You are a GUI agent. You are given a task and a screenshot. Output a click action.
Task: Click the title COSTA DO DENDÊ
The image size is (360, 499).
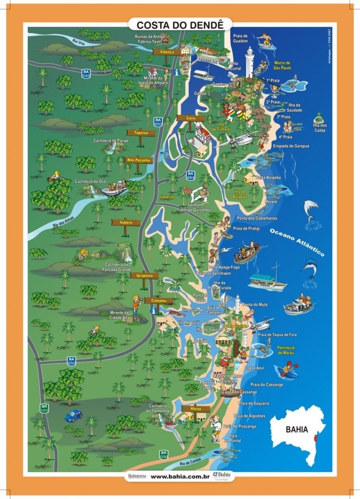[180, 24]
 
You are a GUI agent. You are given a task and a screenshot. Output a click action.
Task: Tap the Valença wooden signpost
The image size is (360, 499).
[167, 51]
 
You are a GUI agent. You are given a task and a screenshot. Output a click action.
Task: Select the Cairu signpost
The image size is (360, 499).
[190, 118]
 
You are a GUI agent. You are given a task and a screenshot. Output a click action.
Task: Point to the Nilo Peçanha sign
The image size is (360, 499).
[138, 160]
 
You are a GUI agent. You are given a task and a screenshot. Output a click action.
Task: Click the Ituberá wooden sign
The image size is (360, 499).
[126, 222]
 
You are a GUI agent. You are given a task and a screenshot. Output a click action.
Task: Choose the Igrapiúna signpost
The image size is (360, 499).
[144, 275]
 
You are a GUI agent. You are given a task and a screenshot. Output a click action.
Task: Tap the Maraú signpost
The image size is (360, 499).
[196, 408]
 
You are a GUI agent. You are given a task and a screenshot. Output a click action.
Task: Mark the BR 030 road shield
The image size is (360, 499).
[164, 455]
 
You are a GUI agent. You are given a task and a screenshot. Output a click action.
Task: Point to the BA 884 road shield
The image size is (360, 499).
[190, 175]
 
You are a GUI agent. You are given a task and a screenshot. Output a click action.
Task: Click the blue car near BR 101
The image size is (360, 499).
[73, 416]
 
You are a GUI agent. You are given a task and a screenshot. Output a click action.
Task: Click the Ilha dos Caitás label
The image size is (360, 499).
[320, 128]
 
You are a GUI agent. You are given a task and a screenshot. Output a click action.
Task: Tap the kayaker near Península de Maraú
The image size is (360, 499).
[289, 369]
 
